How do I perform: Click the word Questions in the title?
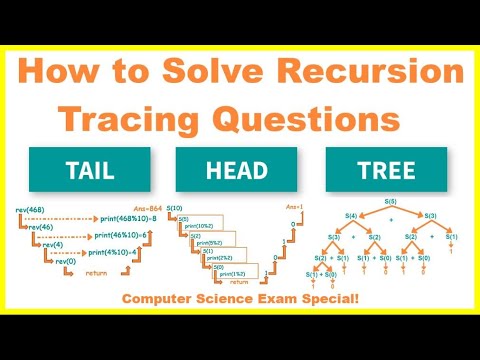pyautogui.click(x=308, y=119)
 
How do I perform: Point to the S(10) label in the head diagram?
pyautogui.click(x=176, y=208)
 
